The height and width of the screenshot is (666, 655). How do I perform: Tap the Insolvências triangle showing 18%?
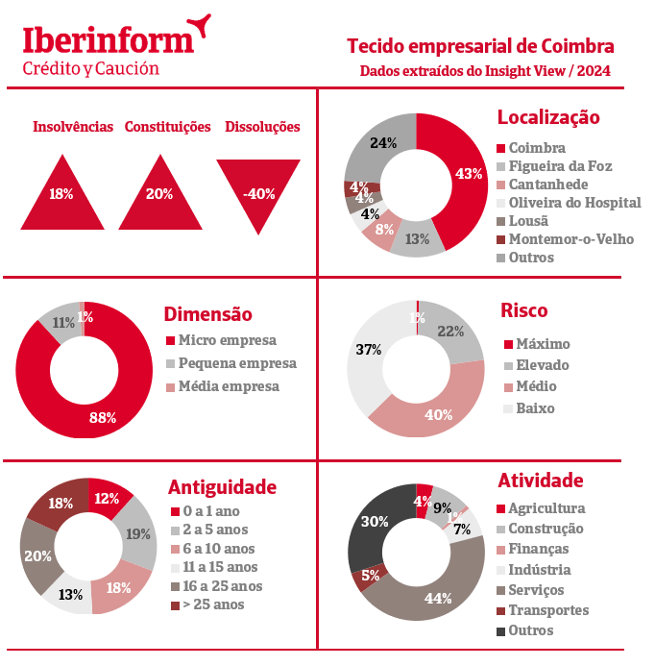pyautogui.click(x=61, y=196)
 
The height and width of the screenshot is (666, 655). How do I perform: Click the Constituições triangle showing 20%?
pyautogui.click(x=159, y=196)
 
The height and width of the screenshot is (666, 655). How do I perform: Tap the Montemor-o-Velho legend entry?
pyautogui.click(x=570, y=239)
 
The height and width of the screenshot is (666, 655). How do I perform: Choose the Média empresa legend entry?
pyautogui.click(x=228, y=386)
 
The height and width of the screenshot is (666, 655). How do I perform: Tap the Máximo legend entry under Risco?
pyautogui.click(x=542, y=344)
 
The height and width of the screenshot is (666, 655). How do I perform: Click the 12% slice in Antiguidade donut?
pyautogui.click(x=109, y=498)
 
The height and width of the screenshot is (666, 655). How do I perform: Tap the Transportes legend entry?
pyautogui.click(x=547, y=610)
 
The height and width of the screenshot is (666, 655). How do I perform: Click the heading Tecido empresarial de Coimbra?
pyautogui.click(x=479, y=46)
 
